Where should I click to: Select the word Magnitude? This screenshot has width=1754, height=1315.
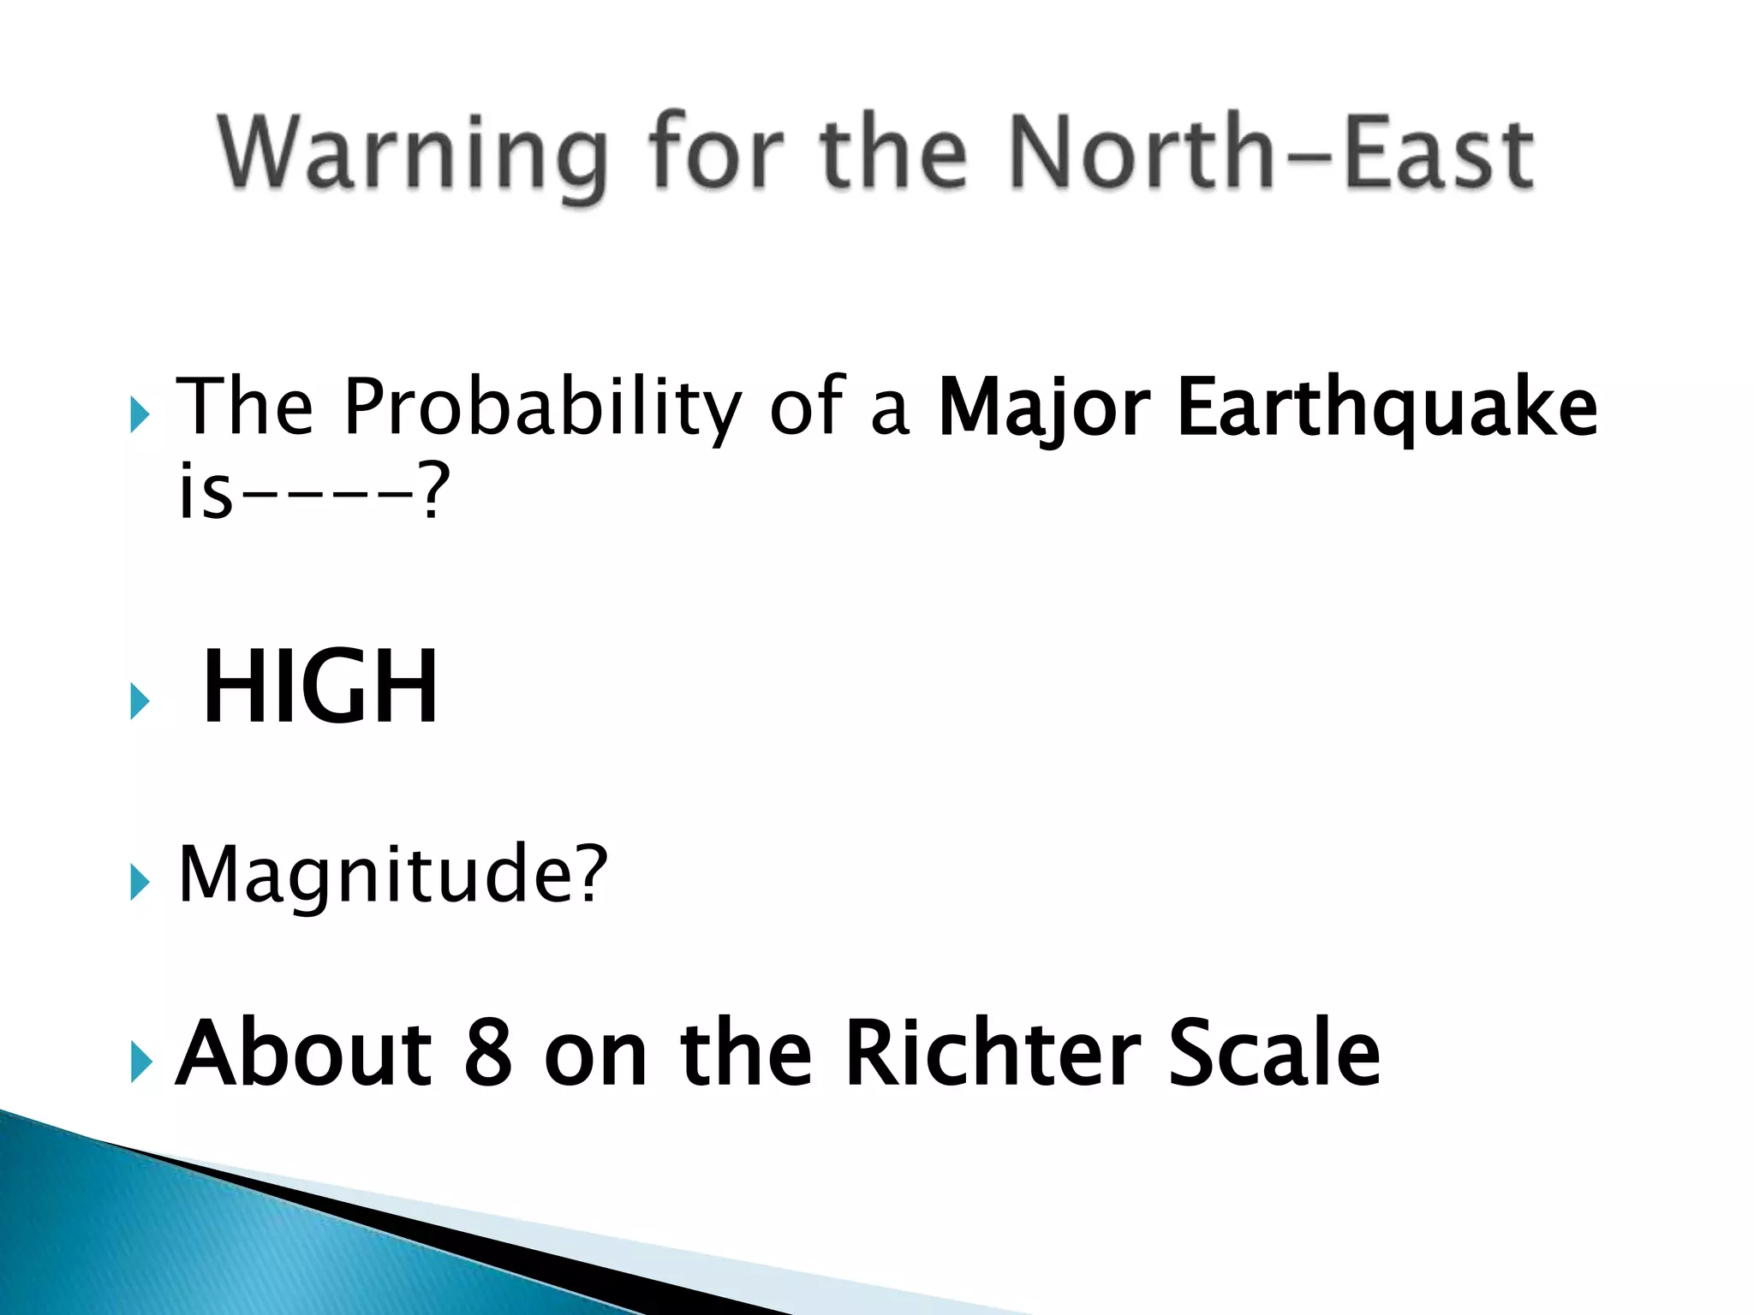(377, 875)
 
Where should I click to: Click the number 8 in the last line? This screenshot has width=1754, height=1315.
(488, 1053)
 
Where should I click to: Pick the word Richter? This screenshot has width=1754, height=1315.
(993, 1053)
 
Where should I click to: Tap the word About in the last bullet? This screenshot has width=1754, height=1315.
(304, 1053)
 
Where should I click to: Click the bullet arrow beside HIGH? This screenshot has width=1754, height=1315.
(140, 701)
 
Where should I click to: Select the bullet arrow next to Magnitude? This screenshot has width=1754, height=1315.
(140, 883)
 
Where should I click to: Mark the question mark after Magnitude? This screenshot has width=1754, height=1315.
(591, 873)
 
